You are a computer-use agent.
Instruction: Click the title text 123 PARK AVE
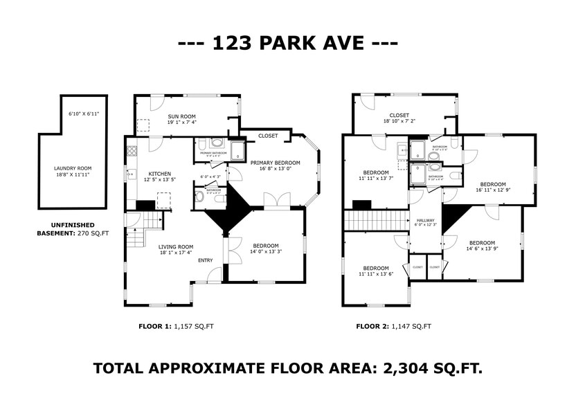coord(288,43)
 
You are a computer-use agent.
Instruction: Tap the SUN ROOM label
coord(182,116)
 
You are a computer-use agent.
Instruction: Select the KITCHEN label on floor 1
coord(157,174)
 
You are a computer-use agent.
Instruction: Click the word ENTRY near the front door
coord(206,260)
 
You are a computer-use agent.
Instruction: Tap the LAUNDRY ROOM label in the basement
coord(73,168)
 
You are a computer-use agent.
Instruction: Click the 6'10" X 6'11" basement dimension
coord(84,113)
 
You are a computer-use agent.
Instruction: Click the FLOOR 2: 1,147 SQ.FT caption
coord(393,326)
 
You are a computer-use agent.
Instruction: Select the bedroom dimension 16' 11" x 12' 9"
coord(494,189)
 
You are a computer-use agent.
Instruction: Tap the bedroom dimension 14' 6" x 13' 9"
coord(482,248)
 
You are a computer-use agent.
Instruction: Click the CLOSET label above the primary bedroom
coord(268,136)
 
